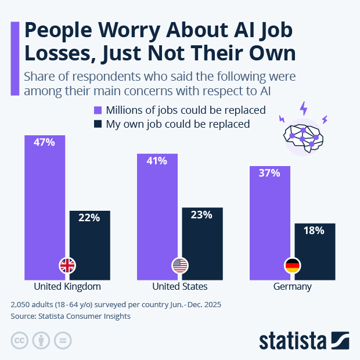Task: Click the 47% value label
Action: coord(45,142)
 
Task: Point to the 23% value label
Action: coord(201,215)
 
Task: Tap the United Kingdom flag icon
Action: coord(67,266)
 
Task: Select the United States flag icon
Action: coord(180,266)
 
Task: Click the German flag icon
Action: coord(292,266)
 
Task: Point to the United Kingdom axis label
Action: coord(67,287)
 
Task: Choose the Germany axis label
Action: coord(292,287)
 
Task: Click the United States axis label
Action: coord(180,287)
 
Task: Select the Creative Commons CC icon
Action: coord(20,340)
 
